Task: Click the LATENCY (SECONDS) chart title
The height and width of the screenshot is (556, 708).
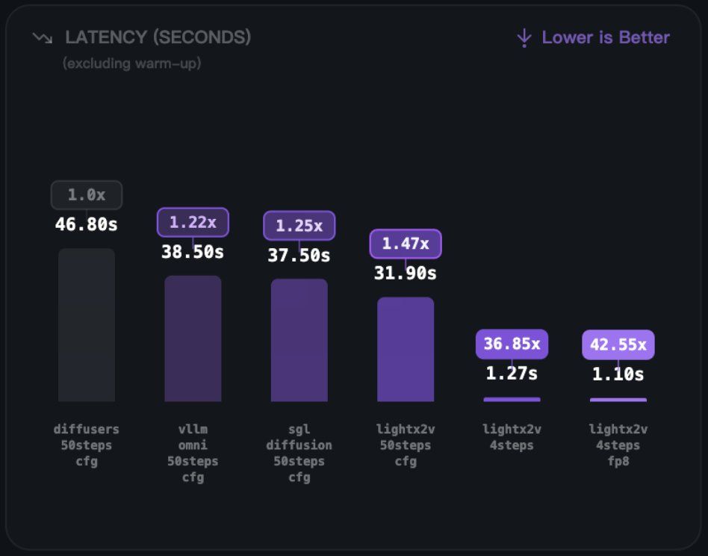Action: (158, 37)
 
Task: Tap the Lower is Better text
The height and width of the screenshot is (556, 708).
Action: (606, 37)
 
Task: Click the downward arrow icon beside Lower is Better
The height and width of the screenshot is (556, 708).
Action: (524, 37)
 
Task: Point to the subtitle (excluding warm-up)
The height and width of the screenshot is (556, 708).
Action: (132, 64)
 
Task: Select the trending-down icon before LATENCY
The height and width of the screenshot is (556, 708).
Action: (43, 37)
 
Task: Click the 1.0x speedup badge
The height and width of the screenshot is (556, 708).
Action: (87, 195)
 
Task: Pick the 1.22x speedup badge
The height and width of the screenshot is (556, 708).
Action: (193, 222)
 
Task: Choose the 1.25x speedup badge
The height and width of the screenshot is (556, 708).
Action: (299, 226)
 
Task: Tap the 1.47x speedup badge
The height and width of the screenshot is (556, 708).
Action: (406, 244)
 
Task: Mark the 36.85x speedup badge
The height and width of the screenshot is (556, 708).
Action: (512, 344)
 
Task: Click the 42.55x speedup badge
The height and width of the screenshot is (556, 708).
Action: (618, 345)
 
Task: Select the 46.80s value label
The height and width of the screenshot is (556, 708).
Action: (87, 224)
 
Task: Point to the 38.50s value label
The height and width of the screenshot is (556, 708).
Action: (193, 252)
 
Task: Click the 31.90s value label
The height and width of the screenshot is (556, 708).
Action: (406, 274)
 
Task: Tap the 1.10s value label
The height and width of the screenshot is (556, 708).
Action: (618, 374)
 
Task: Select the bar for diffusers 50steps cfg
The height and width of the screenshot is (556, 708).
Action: (87, 325)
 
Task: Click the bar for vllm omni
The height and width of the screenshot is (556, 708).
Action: (193, 339)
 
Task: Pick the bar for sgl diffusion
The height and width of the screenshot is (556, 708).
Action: (299, 340)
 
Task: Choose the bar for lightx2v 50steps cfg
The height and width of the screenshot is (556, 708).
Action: (406, 349)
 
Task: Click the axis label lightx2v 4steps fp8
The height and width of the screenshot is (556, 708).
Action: (618, 445)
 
